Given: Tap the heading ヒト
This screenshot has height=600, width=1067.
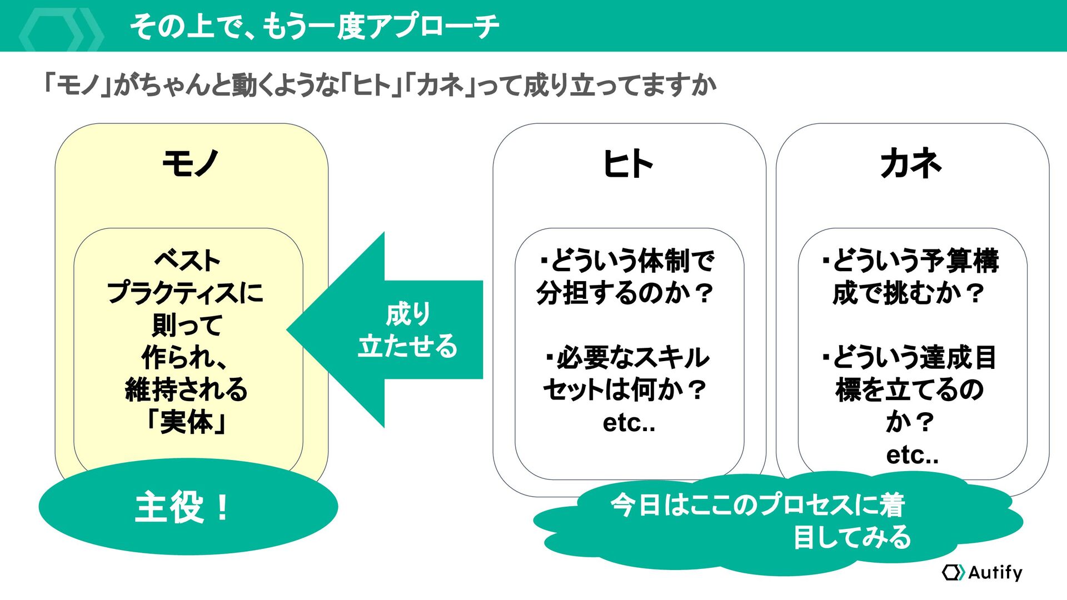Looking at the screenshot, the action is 628,164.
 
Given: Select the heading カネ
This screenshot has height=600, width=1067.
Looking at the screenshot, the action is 911,164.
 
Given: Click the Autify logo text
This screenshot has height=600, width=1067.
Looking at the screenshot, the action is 995,572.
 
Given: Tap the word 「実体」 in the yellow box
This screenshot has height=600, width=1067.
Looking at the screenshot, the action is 187,422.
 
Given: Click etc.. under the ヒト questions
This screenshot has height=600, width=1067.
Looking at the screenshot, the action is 629,423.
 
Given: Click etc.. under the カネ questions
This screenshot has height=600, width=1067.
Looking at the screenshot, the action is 912,455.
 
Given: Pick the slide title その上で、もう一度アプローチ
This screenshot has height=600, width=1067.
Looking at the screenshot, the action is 315,26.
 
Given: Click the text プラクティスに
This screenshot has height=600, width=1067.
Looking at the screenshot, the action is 186,292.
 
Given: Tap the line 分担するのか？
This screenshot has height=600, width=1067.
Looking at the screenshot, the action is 625,293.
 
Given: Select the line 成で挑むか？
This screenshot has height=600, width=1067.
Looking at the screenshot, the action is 908,293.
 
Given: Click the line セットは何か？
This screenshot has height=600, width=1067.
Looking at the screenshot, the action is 625,389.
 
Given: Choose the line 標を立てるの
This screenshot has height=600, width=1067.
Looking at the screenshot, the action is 909,389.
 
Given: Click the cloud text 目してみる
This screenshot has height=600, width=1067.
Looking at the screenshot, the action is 852,537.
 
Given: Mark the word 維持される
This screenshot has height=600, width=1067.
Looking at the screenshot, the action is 187,389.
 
